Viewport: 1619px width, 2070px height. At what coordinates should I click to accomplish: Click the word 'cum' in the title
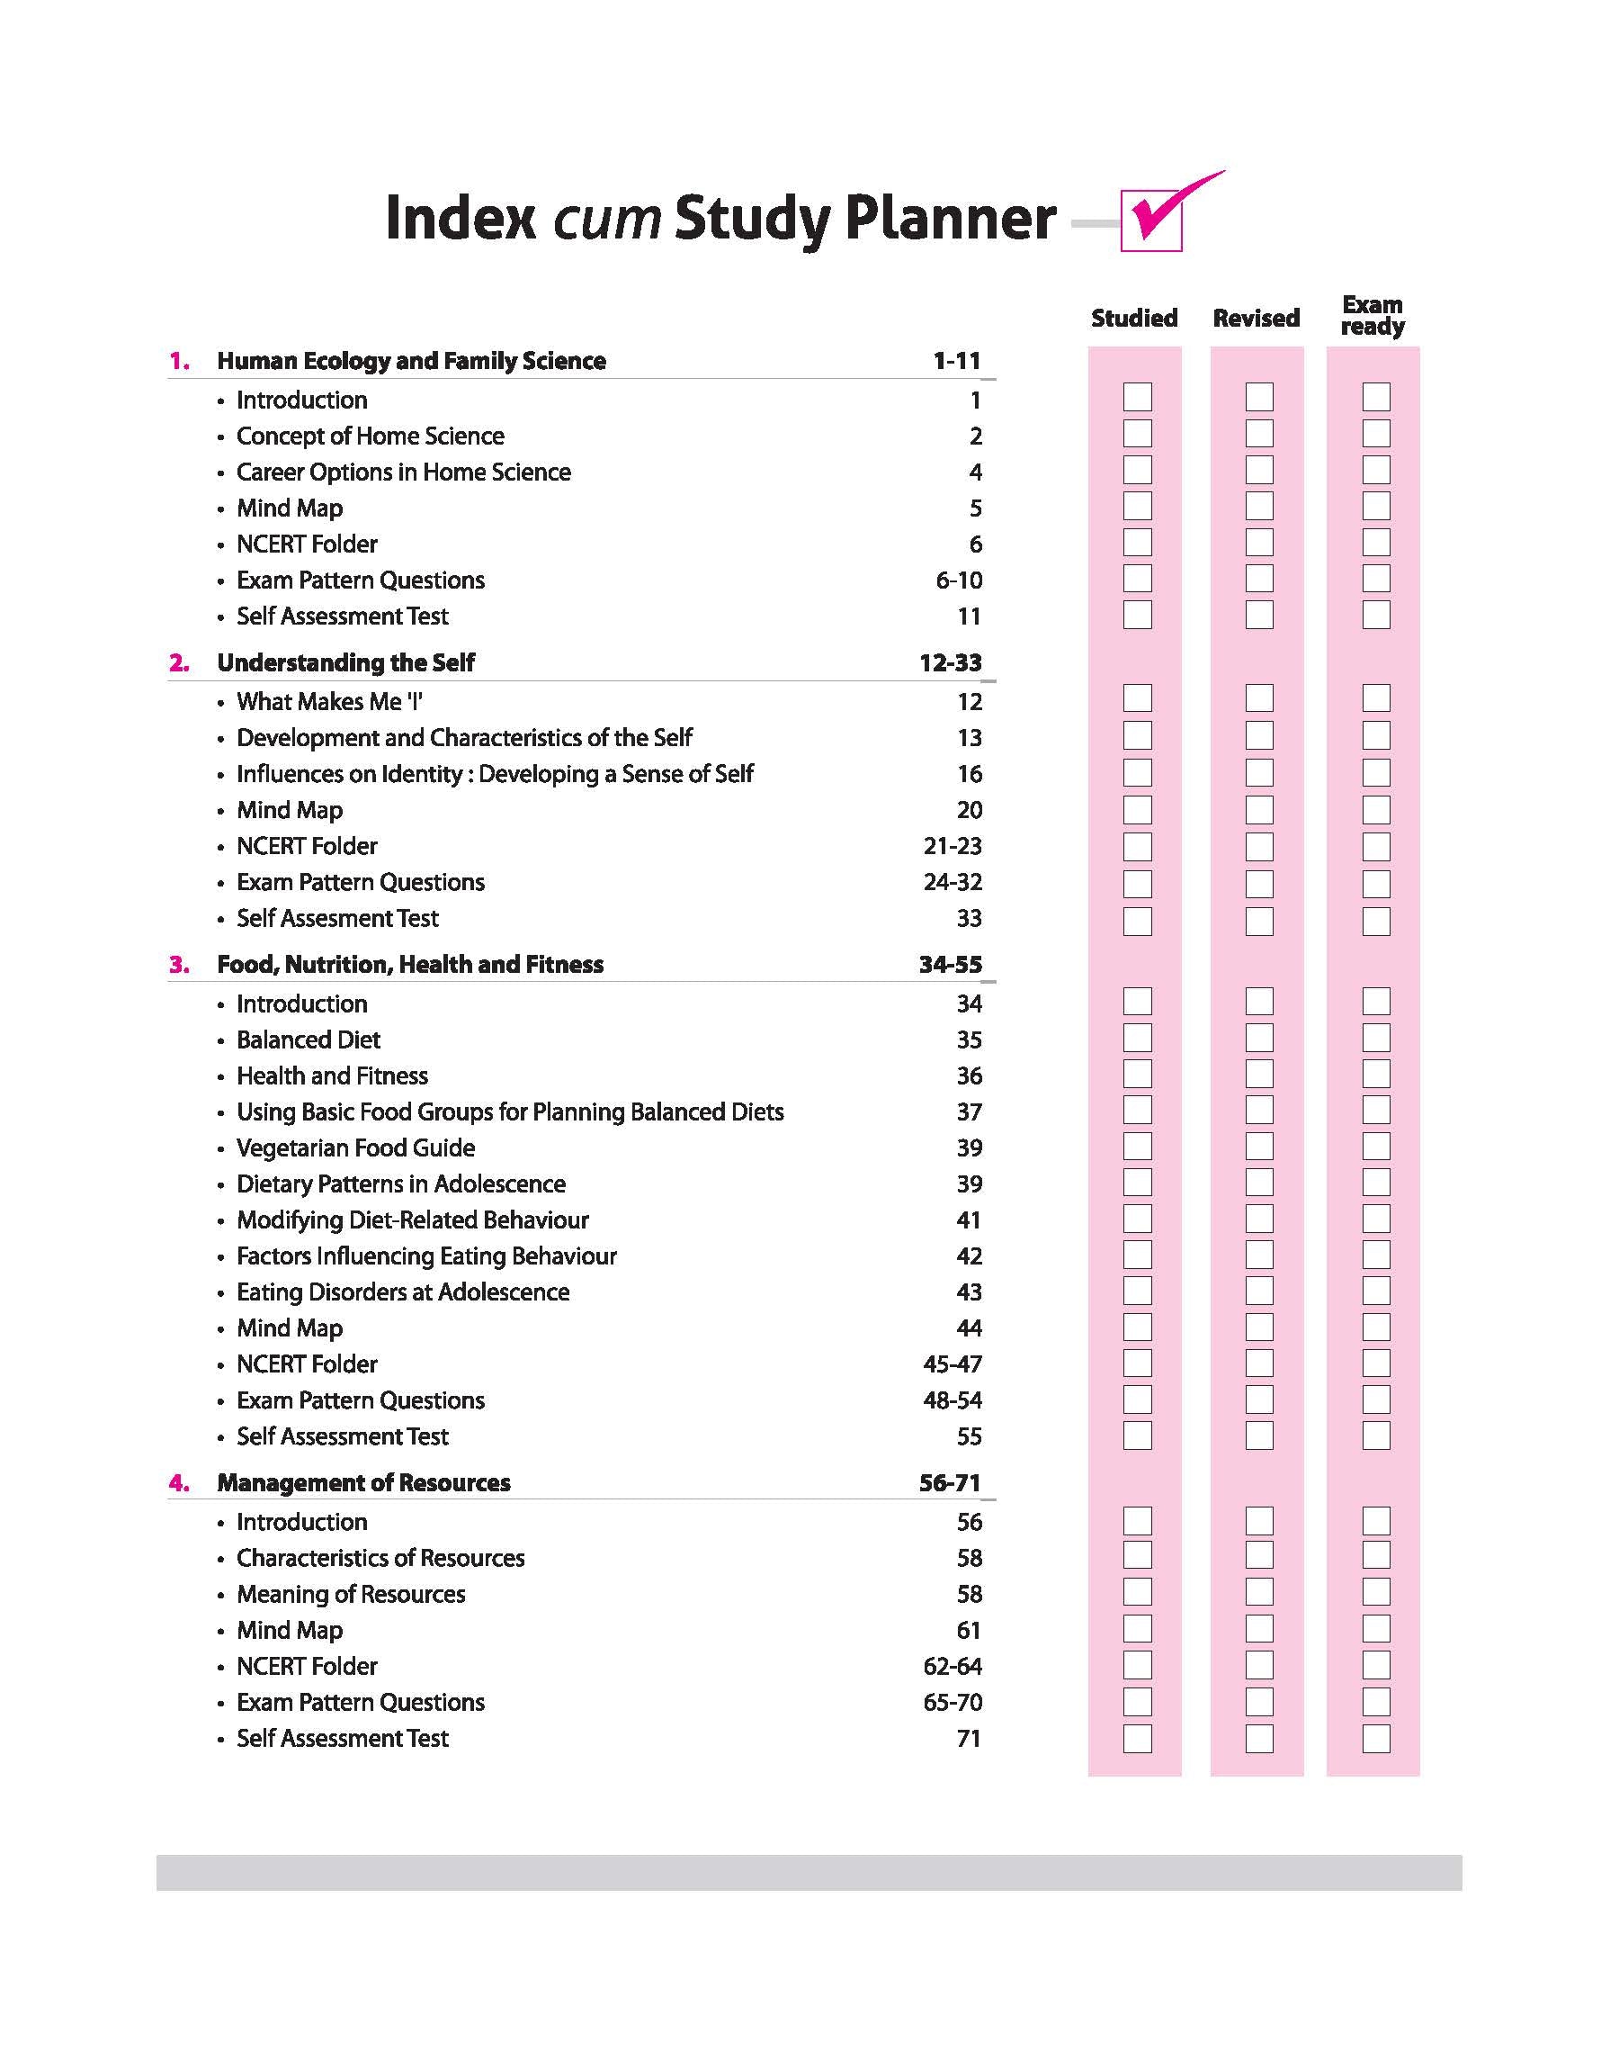pyautogui.click(x=606, y=218)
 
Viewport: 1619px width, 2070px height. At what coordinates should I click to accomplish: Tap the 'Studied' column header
pyautogui.click(x=1133, y=318)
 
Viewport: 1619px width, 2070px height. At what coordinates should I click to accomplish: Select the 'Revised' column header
pyautogui.click(x=1256, y=318)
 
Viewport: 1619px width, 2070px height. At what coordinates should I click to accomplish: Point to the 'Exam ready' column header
pyautogui.click(x=1372, y=316)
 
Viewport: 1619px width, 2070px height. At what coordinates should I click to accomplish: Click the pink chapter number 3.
pyautogui.click(x=179, y=965)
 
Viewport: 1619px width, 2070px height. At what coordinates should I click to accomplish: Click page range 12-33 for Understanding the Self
pyautogui.click(x=950, y=661)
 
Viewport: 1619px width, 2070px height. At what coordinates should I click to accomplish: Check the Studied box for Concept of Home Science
pyautogui.click(x=1137, y=433)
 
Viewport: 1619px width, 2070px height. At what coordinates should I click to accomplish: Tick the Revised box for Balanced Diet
pyautogui.click(x=1259, y=1038)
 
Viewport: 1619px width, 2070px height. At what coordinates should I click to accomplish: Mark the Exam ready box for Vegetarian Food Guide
pyautogui.click(x=1375, y=1146)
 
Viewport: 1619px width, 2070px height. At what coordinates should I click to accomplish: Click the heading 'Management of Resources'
pyautogui.click(x=363, y=1482)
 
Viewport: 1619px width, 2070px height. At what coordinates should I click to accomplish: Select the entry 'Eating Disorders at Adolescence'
pyautogui.click(x=403, y=1291)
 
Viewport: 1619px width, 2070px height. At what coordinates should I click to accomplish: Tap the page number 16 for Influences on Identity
pyautogui.click(x=969, y=774)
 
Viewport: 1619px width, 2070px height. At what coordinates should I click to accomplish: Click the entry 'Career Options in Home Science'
pyautogui.click(x=403, y=472)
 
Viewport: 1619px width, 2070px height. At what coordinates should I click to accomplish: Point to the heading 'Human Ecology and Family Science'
pyautogui.click(x=411, y=360)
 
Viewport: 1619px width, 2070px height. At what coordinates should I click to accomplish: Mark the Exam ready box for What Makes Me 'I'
pyautogui.click(x=1375, y=697)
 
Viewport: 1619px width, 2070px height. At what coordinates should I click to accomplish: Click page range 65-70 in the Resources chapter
pyautogui.click(x=952, y=1702)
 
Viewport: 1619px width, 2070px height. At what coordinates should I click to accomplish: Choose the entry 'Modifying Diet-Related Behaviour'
pyautogui.click(x=412, y=1219)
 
